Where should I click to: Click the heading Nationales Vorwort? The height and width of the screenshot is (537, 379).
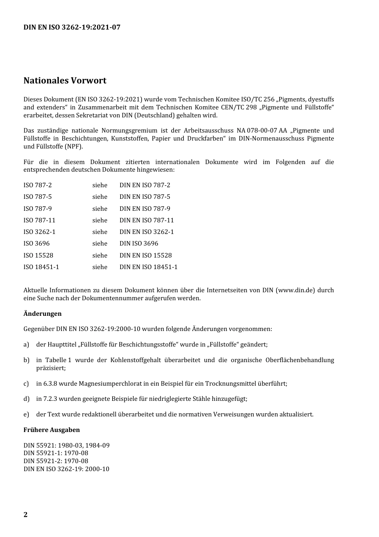point(65,81)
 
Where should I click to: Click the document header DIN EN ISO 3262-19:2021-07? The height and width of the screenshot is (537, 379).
point(72,27)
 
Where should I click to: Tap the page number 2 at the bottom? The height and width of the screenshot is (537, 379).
point(26,514)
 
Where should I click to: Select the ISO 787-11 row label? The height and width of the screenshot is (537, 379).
point(39,220)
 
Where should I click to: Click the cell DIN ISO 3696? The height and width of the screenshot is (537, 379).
point(139,244)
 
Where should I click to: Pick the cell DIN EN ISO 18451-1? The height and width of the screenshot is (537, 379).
point(148,267)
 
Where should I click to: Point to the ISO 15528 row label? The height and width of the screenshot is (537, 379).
point(38,256)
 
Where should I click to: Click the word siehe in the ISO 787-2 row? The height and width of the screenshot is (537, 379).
point(100,185)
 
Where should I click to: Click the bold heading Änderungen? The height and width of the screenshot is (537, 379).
point(42,314)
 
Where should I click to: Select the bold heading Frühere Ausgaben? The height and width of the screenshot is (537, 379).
point(51,430)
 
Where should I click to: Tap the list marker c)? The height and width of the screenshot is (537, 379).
point(26,384)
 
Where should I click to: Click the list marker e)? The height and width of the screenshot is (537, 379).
point(26,414)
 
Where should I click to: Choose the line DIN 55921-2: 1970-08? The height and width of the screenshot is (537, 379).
point(56,461)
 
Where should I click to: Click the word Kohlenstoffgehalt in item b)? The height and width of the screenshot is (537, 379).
point(136,360)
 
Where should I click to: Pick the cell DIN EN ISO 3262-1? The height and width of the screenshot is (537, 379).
point(147,232)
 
